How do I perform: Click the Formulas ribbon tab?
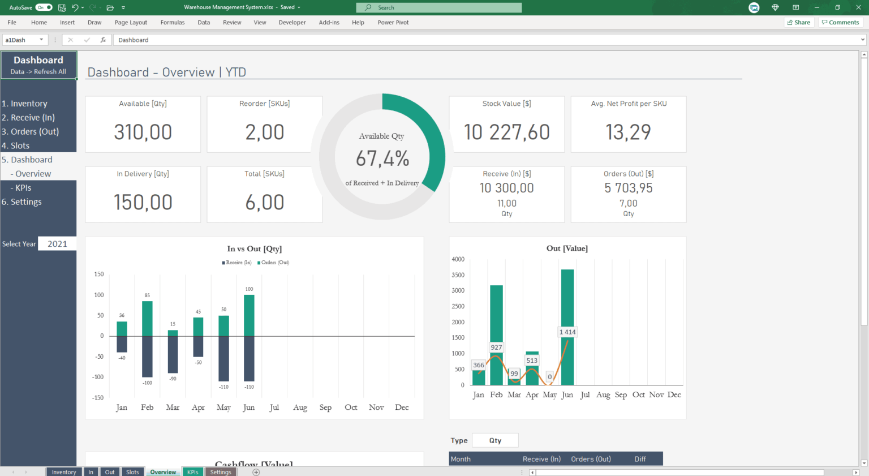point(172,23)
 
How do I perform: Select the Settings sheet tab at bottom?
point(221,472)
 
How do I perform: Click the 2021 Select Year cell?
point(57,244)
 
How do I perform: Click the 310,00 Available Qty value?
point(143,132)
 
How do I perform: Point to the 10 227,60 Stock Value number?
point(506,132)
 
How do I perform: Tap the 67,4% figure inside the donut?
point(382,159)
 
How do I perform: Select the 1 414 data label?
point(567,332)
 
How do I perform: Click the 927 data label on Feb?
point(496,348)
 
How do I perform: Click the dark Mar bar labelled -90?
point(173,354)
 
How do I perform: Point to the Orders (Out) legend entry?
point(275,263)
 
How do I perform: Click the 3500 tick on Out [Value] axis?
point(458,275)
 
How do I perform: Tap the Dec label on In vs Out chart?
point(402,408)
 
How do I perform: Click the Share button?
point(799,23)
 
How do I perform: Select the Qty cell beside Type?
point(495,441)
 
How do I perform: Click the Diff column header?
point(640,459)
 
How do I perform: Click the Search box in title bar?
point(439,7)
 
